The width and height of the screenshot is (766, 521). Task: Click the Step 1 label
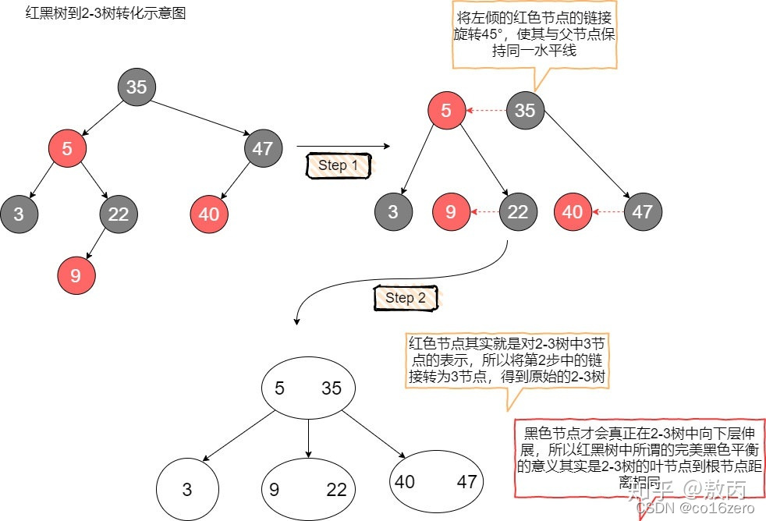[x=338, y=165]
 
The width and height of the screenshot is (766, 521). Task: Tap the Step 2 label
[x=405, y=298]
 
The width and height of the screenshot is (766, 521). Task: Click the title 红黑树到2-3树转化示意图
[x=106, y=14]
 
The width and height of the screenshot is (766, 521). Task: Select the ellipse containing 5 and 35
[x=308, y=388]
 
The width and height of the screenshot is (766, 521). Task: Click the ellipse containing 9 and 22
[x=307, y=489]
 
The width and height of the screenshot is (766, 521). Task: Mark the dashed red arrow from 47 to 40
[x=607, y=211]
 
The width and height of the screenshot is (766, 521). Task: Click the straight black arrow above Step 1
[x=342, y=146]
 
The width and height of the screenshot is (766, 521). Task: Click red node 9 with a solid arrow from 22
[x=76, y=275]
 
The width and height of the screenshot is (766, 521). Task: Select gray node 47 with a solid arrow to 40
[x=263, y=147]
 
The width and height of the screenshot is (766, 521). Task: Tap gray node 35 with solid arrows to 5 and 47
[x=137, y=87]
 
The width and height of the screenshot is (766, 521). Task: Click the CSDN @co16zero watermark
[x=699, y=508]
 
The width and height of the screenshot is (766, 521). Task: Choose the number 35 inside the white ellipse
[x=332, y=388]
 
